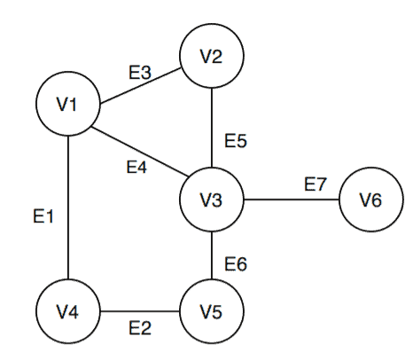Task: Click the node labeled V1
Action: pyautogui.click(x=67, y=105)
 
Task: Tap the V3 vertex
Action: pyautogui.click(x=211, y=200)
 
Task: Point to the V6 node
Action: pyautogui.click(x=370, y=200)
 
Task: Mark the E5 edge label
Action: pyautogui.click(x=236, y=140)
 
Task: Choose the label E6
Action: pyautogui.click(x=236, y=262)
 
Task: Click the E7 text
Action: pyautogui.click(x=316, y=184)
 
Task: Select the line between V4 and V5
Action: pyautogui.click(x=139, y=311)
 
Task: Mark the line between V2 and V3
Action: pyautogui.click(x=211, y=128)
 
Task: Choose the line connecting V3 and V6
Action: pyautogui.click(x=291, y=200)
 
